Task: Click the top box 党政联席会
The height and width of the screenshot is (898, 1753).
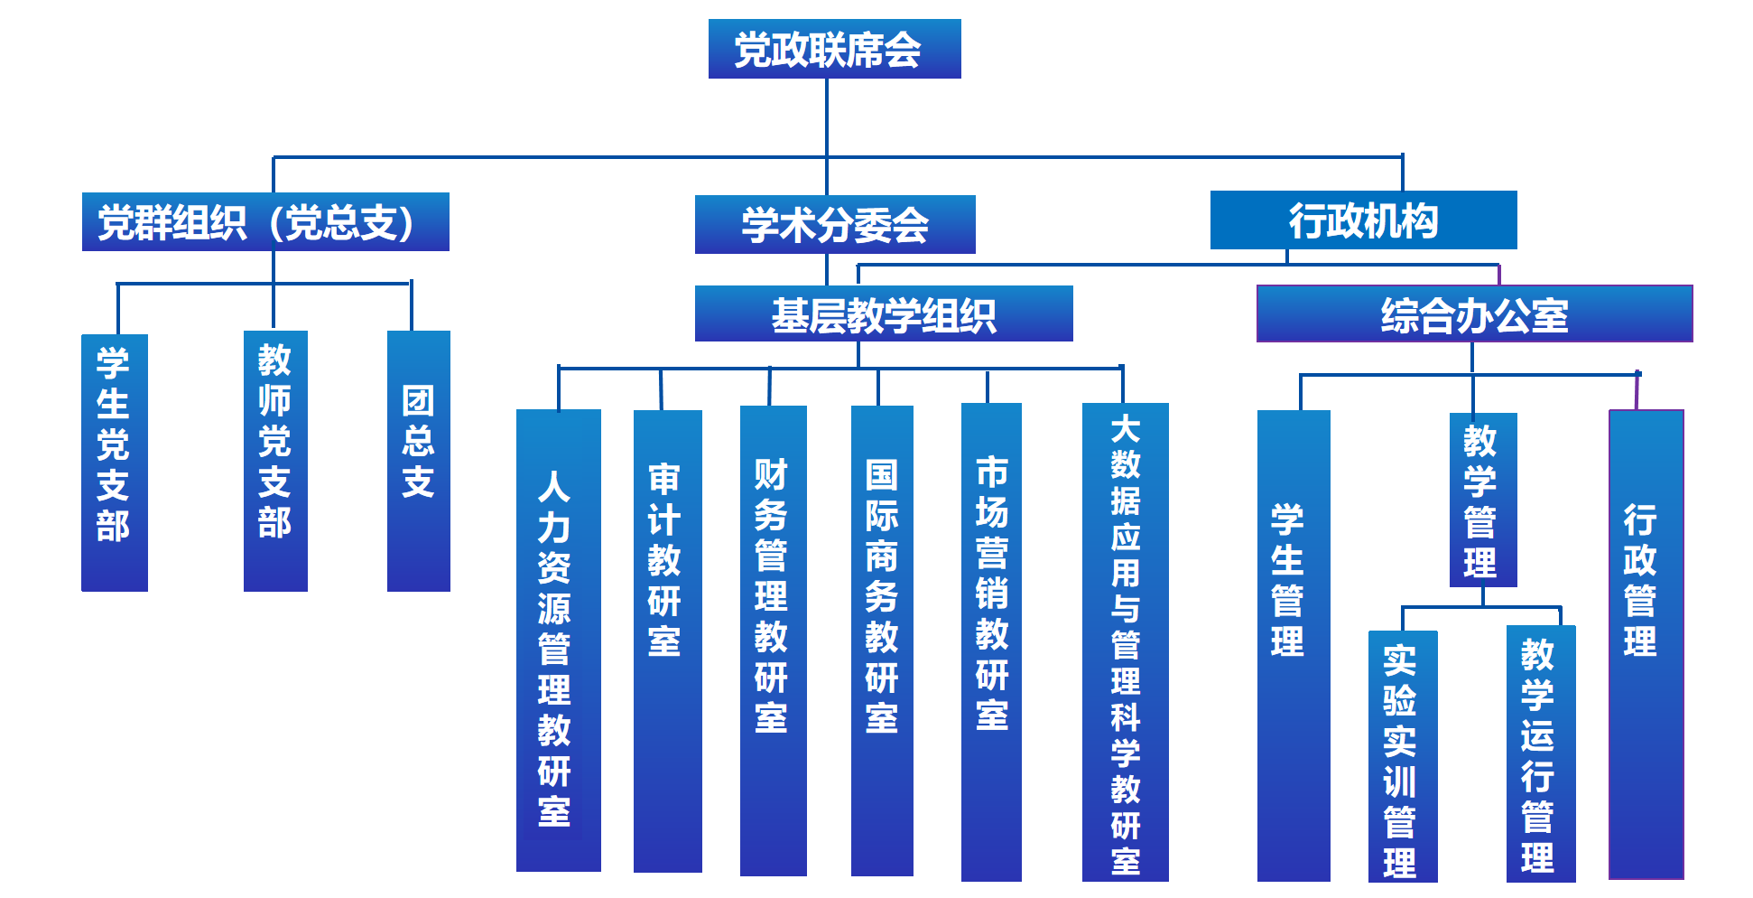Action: click(834, 49)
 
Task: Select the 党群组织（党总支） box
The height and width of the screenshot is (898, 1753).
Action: click(265, 222)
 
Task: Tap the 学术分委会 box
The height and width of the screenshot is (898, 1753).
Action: click(834, 225)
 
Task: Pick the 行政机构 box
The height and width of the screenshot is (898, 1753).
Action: click(1363, 220)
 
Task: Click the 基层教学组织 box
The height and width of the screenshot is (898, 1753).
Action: click(883, 314)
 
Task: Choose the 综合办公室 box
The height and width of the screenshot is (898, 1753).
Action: click(1474, 314)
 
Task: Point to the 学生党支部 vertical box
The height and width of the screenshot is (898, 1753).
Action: click(114, 463)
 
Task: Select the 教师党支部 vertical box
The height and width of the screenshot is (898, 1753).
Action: click(275, 461)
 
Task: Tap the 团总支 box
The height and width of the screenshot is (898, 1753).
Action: click(418, 461)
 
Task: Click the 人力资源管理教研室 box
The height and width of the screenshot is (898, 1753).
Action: click(558, 640)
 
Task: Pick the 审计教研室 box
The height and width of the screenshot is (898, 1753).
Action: click(667, 640)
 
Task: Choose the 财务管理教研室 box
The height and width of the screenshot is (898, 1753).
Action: click(773, 640)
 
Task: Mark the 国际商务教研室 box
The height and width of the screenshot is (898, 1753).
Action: click(882, 640)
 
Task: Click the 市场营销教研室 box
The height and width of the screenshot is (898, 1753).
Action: click(991, 641)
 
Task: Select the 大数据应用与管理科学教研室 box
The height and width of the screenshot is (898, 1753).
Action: click(1125, 641)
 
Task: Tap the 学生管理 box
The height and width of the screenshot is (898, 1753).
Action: click(1293, 645)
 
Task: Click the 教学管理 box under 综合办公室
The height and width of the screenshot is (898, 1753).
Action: click(1482, 500)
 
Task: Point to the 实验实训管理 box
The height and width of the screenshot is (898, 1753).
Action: click(1402, 755)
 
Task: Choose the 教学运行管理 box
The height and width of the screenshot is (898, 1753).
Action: click(1540, 753)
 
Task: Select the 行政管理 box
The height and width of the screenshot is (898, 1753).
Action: click(1646, 643)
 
